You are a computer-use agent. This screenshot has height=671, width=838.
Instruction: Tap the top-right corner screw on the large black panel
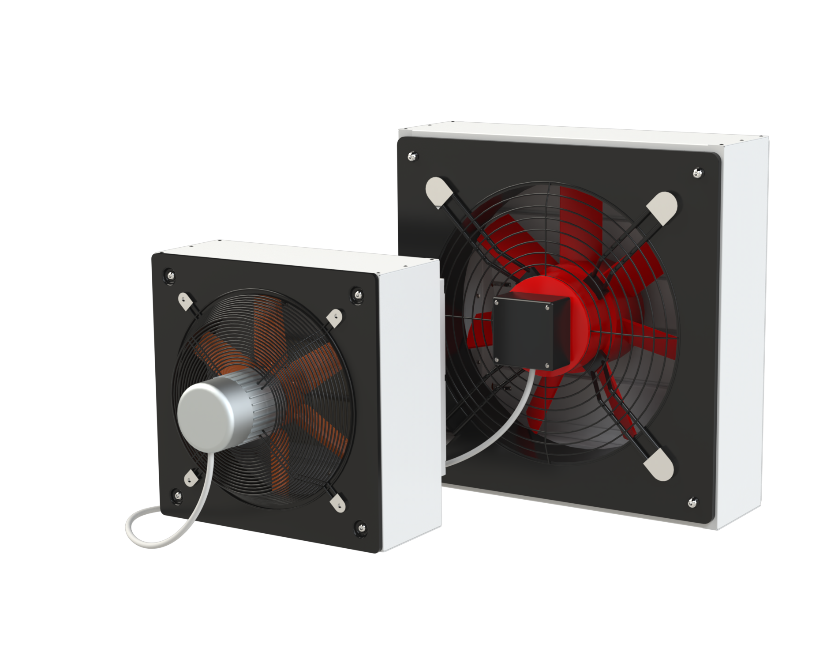[697, 173]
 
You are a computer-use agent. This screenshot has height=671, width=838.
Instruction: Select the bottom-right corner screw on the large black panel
[693, 501]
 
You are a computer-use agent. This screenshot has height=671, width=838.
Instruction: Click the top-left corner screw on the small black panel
[170, 275]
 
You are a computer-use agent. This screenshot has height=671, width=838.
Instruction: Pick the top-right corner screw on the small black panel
[357, 294]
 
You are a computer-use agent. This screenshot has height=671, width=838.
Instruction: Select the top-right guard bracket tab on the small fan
[336, 318]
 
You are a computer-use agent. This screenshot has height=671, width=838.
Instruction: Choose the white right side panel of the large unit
[743, 331]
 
